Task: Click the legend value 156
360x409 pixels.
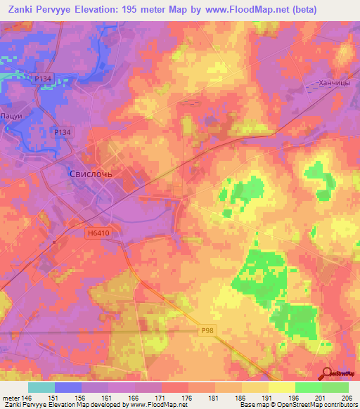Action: pos(82,398)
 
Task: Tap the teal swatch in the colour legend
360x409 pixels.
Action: pos(41,387)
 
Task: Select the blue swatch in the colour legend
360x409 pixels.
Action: pos(68,387)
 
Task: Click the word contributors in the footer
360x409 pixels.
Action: pos(340,405)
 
